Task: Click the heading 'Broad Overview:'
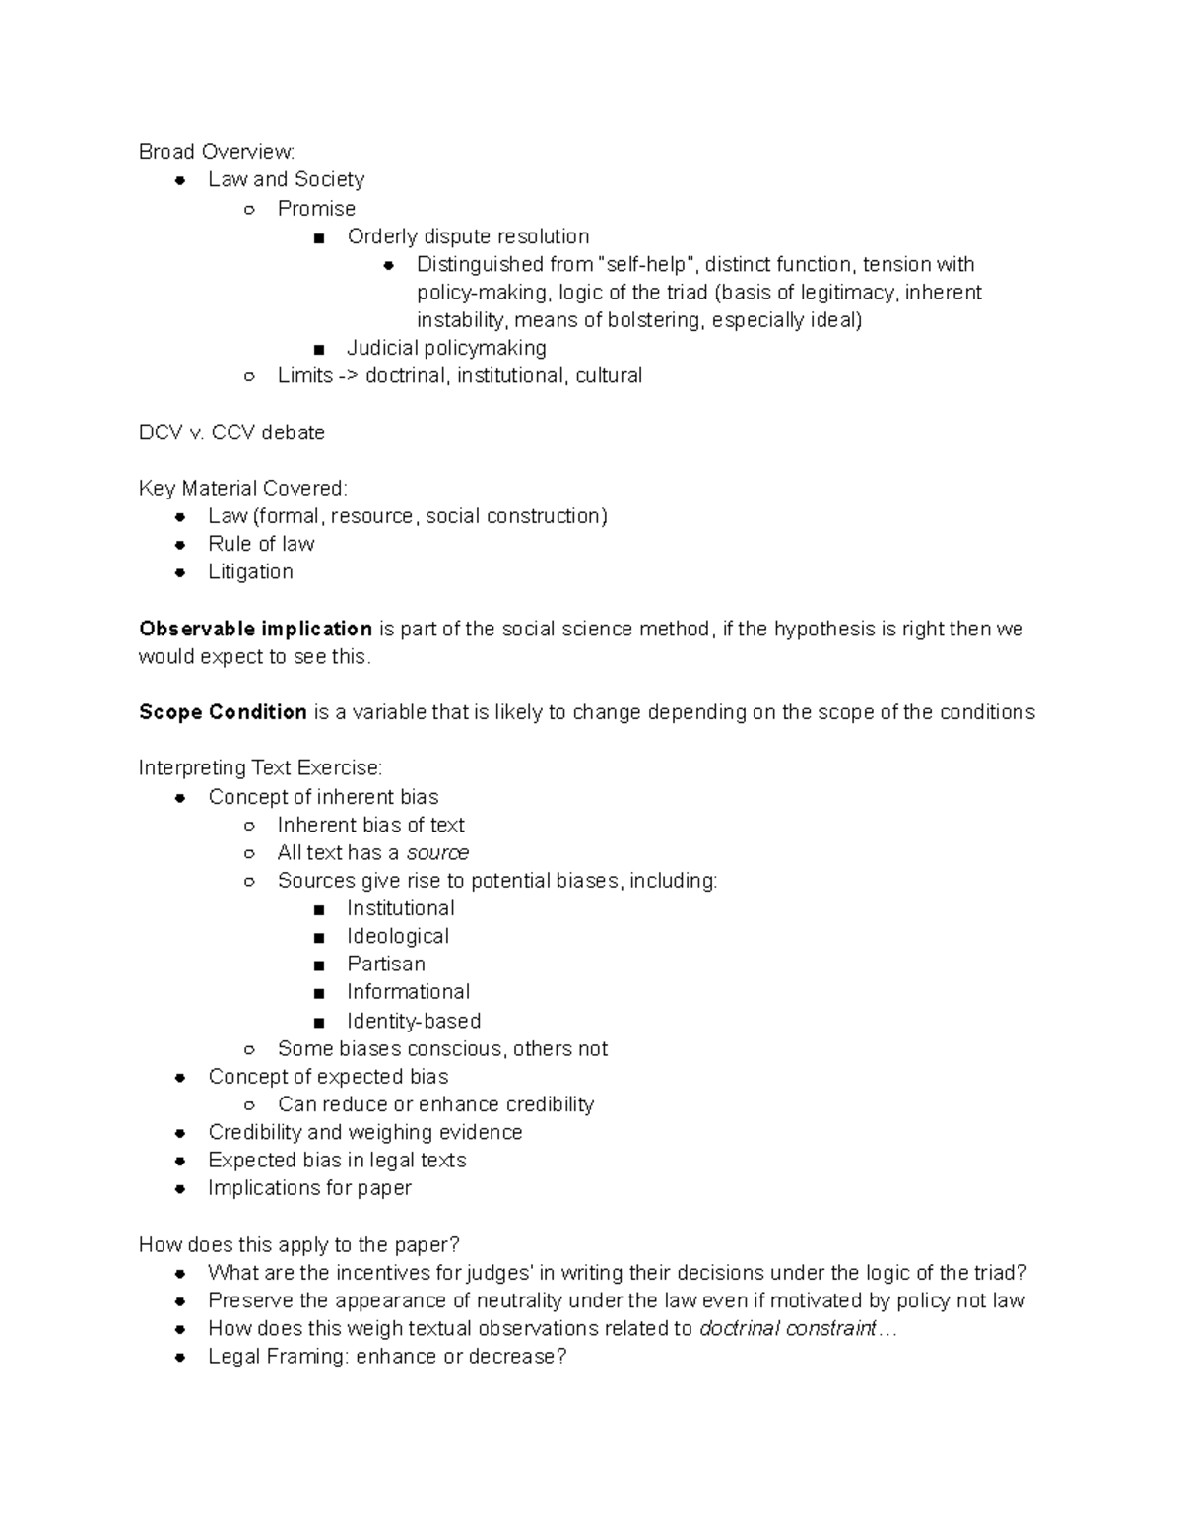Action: click(217, 152)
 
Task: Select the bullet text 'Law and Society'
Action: click(286, 179)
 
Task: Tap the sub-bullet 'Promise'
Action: click(316, 208)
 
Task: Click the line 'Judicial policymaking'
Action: click(446, 348)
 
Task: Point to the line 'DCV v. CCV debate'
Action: click(231, 432)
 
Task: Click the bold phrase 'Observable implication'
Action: click(255, 629)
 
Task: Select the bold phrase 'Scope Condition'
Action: click(223, 712)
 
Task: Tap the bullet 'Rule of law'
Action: click(261, 544)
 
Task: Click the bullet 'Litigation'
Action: click(250, 571)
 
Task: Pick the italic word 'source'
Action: click(437, 852)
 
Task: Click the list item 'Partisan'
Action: click(386, 964)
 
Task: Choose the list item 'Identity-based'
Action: click(414, 1021)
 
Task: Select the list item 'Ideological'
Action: click(398, 936)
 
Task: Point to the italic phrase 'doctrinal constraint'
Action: click(787, 1328)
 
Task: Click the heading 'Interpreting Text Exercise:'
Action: click(260, 767)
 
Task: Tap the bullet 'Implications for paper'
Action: click(309, 1188)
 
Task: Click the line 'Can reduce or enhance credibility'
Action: click(435, 1104)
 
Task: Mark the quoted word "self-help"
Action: click(647, 264)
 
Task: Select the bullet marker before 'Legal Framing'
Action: click(180, 1357)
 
